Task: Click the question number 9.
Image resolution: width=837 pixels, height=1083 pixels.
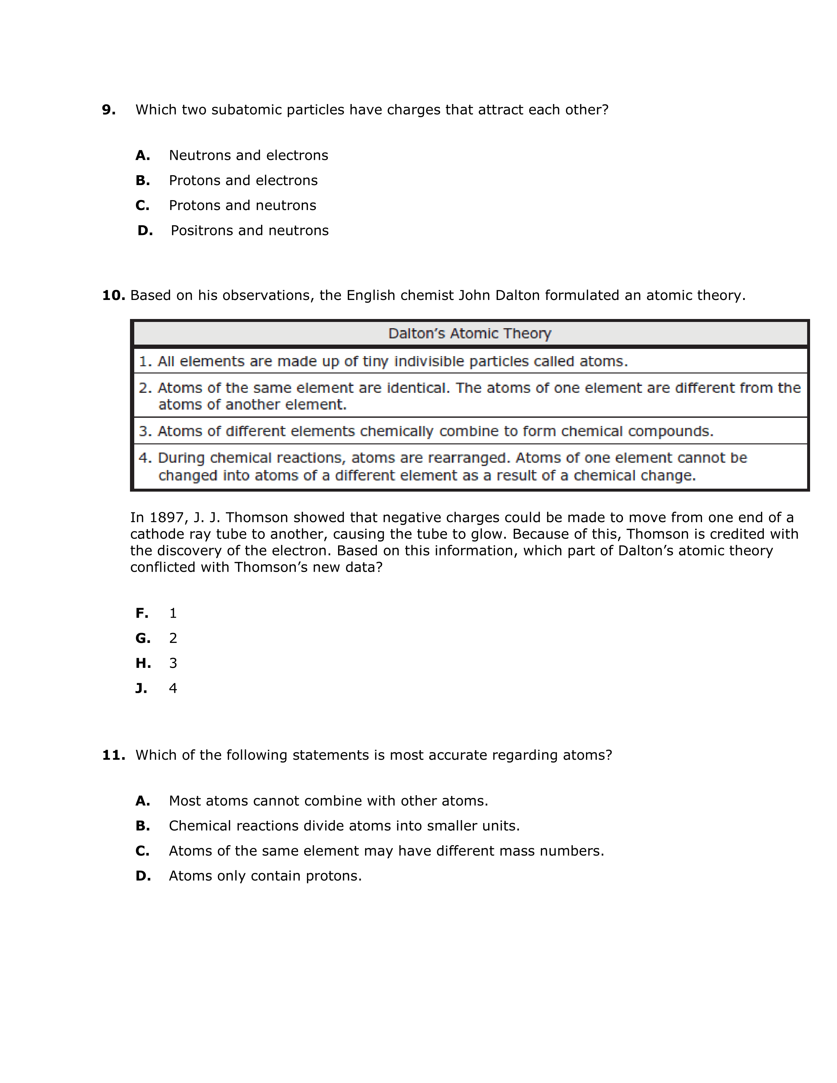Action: [x=109, y=110]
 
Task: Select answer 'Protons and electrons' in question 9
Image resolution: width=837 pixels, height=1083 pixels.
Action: [x=243, y=180]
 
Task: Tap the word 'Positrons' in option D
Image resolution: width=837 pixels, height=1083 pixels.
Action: [x=202, y=231]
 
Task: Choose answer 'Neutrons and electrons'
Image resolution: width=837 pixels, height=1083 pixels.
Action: [x=248, y=156]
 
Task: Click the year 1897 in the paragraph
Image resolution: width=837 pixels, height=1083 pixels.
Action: [x=167, y=518]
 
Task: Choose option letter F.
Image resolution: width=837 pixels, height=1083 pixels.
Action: [x=142, y=613]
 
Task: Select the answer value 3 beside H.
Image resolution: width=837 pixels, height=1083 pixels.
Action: [x=173, y=664]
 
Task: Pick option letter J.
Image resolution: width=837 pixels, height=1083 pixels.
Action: [x=141, y=688]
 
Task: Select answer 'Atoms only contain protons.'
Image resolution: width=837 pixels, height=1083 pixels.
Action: [x=265, y=876]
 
